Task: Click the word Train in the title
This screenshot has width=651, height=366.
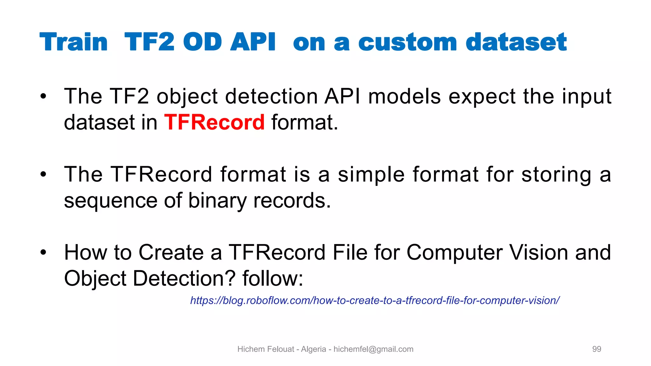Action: coord(74,42)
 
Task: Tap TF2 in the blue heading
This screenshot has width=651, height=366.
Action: coord(149,42)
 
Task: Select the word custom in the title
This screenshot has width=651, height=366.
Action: coord(408,42)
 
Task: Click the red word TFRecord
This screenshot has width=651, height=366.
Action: coord(214,122)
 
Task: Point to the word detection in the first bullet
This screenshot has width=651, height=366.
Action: coord(271,96)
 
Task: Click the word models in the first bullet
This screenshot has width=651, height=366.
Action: coord(404,96)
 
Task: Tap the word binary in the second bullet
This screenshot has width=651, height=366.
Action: coord(217,201)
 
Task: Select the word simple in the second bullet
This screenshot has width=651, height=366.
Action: coord(371,175)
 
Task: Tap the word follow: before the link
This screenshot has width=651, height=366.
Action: coord(273,279)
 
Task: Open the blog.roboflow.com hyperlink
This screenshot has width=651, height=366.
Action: coord(374,300)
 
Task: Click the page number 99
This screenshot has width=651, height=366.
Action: coord(597,349)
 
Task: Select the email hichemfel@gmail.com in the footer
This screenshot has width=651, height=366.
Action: coord(373,349)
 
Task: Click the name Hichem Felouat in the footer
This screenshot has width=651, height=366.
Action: coord(266,349)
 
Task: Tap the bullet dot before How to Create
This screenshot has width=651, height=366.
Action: coord(44,253)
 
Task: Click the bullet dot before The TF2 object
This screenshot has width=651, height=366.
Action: coord(44,96)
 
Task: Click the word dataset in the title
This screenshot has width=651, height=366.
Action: coord(516,42)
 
